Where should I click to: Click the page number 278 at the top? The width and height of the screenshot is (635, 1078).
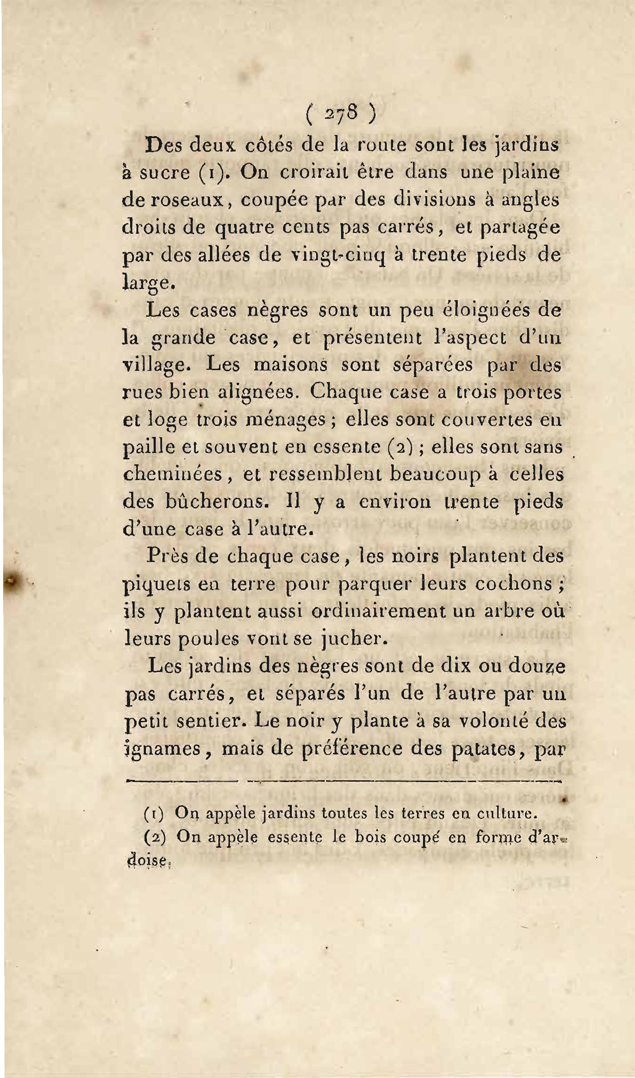pyautogui.click(x=341, y=114)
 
